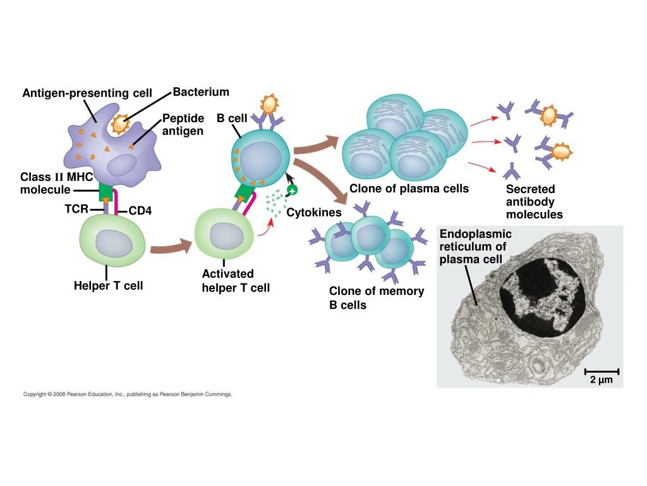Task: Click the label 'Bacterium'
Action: point(200,92)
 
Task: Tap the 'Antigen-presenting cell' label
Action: point(87,94)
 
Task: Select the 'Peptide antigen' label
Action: point(183,125)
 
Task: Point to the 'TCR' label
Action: point(76,208)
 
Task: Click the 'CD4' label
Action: point(140,211)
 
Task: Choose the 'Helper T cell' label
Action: point(109,285)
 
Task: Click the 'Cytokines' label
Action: point(314,213)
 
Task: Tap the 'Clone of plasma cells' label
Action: point(409,189)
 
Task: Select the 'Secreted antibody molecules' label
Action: point(534,202)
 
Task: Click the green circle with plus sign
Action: point(292,190)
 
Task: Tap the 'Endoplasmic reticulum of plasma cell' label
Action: point(475,247)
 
